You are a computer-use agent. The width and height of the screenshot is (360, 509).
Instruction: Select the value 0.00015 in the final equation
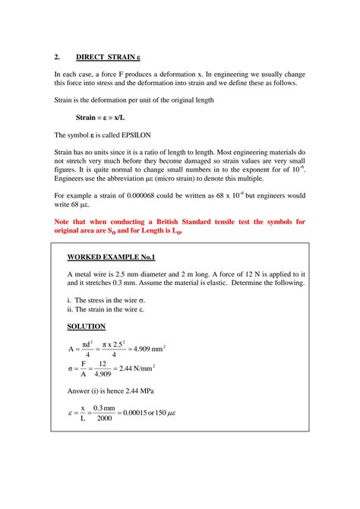pos(137,414)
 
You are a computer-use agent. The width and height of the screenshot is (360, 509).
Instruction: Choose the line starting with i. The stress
pos(106,299)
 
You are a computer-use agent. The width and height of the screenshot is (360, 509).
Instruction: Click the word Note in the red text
pos(64,222)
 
